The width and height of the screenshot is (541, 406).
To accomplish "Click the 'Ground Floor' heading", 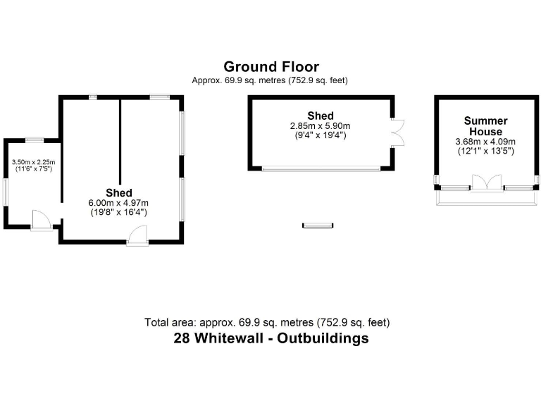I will (x=270, y=67).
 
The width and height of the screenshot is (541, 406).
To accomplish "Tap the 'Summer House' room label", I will (x=485, y=126).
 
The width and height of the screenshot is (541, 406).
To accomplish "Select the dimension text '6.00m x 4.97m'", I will (x=119, y=203).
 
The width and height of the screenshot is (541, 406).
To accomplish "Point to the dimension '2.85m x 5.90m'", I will (x=320, y=126).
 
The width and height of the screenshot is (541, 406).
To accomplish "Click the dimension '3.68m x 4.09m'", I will (x=485, y=141).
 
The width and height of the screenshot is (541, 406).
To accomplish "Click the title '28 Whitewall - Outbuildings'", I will (x=270, y=338).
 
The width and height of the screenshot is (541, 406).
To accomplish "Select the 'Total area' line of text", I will (x=267, y=322).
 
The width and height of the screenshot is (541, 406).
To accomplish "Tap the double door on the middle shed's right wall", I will (x=398, y=132).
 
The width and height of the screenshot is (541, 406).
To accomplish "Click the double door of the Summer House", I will (x=486, y=184).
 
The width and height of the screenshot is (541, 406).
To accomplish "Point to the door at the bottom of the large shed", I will (x=137, y=236).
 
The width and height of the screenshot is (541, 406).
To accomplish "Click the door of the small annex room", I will (x=41, y=221).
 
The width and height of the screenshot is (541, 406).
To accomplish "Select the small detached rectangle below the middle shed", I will (x=317, y=225).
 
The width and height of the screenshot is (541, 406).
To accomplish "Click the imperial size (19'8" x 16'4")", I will (x=119, y=212).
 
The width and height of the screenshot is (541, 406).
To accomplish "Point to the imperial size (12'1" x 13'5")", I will (x=485, y=150).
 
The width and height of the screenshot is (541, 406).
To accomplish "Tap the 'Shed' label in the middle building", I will (x=320, y=116).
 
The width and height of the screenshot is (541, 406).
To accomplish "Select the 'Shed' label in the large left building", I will (x=119, y=192).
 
